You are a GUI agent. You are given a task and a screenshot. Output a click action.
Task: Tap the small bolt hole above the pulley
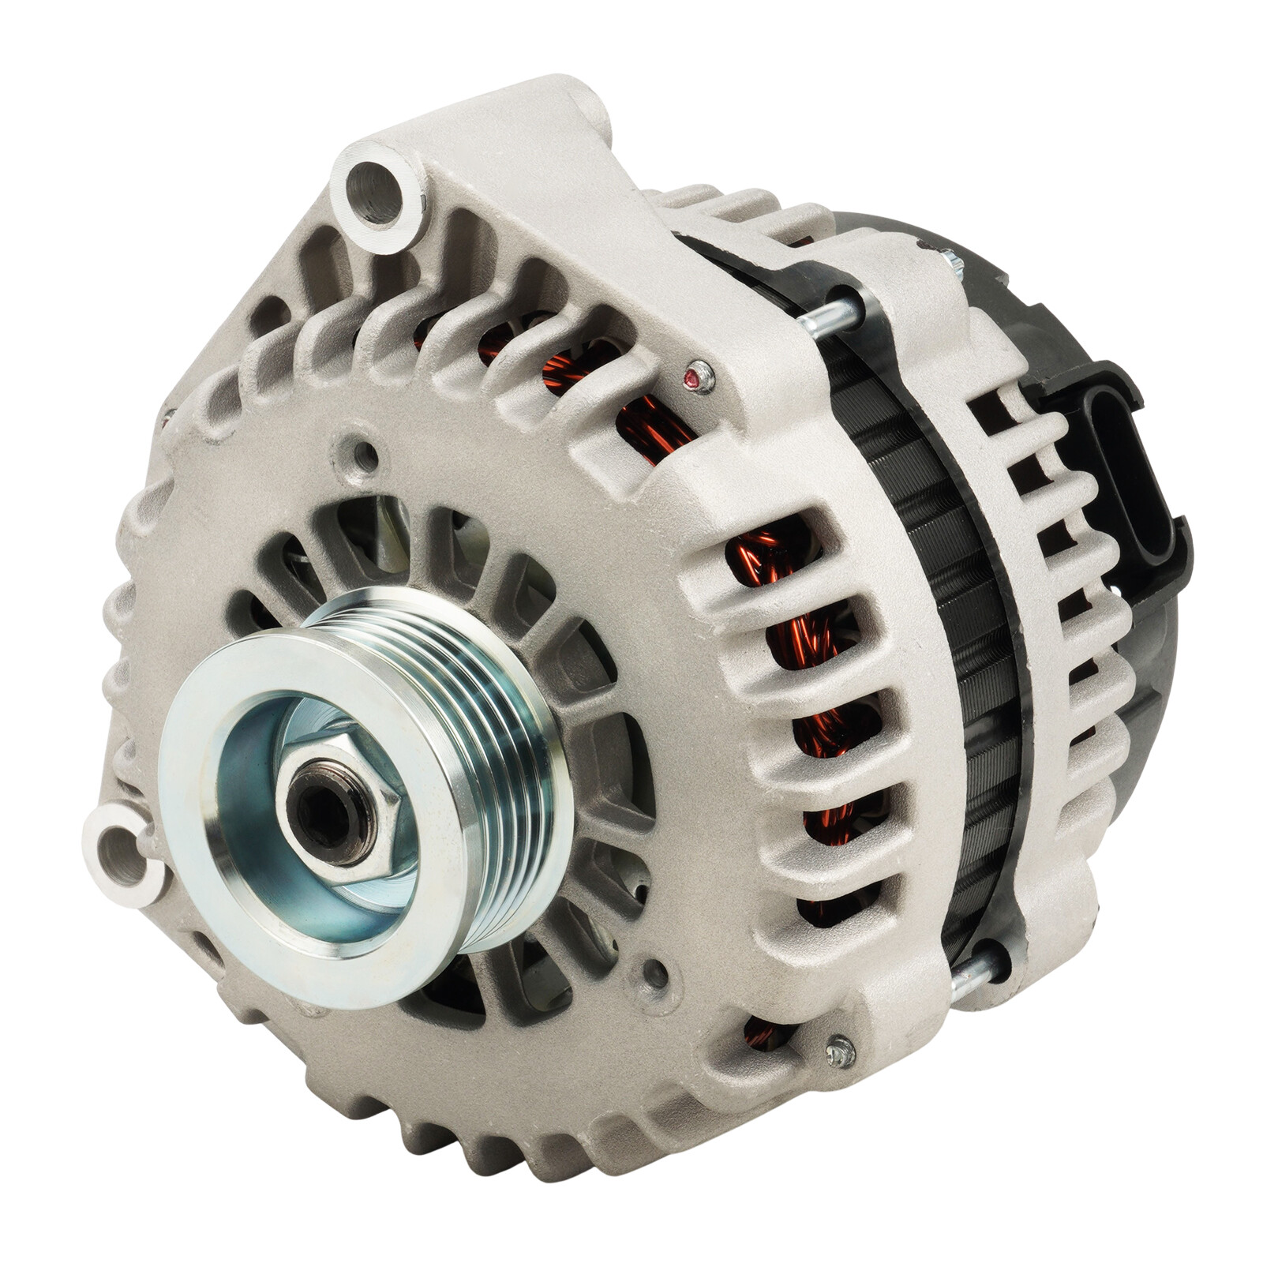point(365,453)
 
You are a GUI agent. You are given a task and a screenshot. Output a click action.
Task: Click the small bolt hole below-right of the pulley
point(654,973)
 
